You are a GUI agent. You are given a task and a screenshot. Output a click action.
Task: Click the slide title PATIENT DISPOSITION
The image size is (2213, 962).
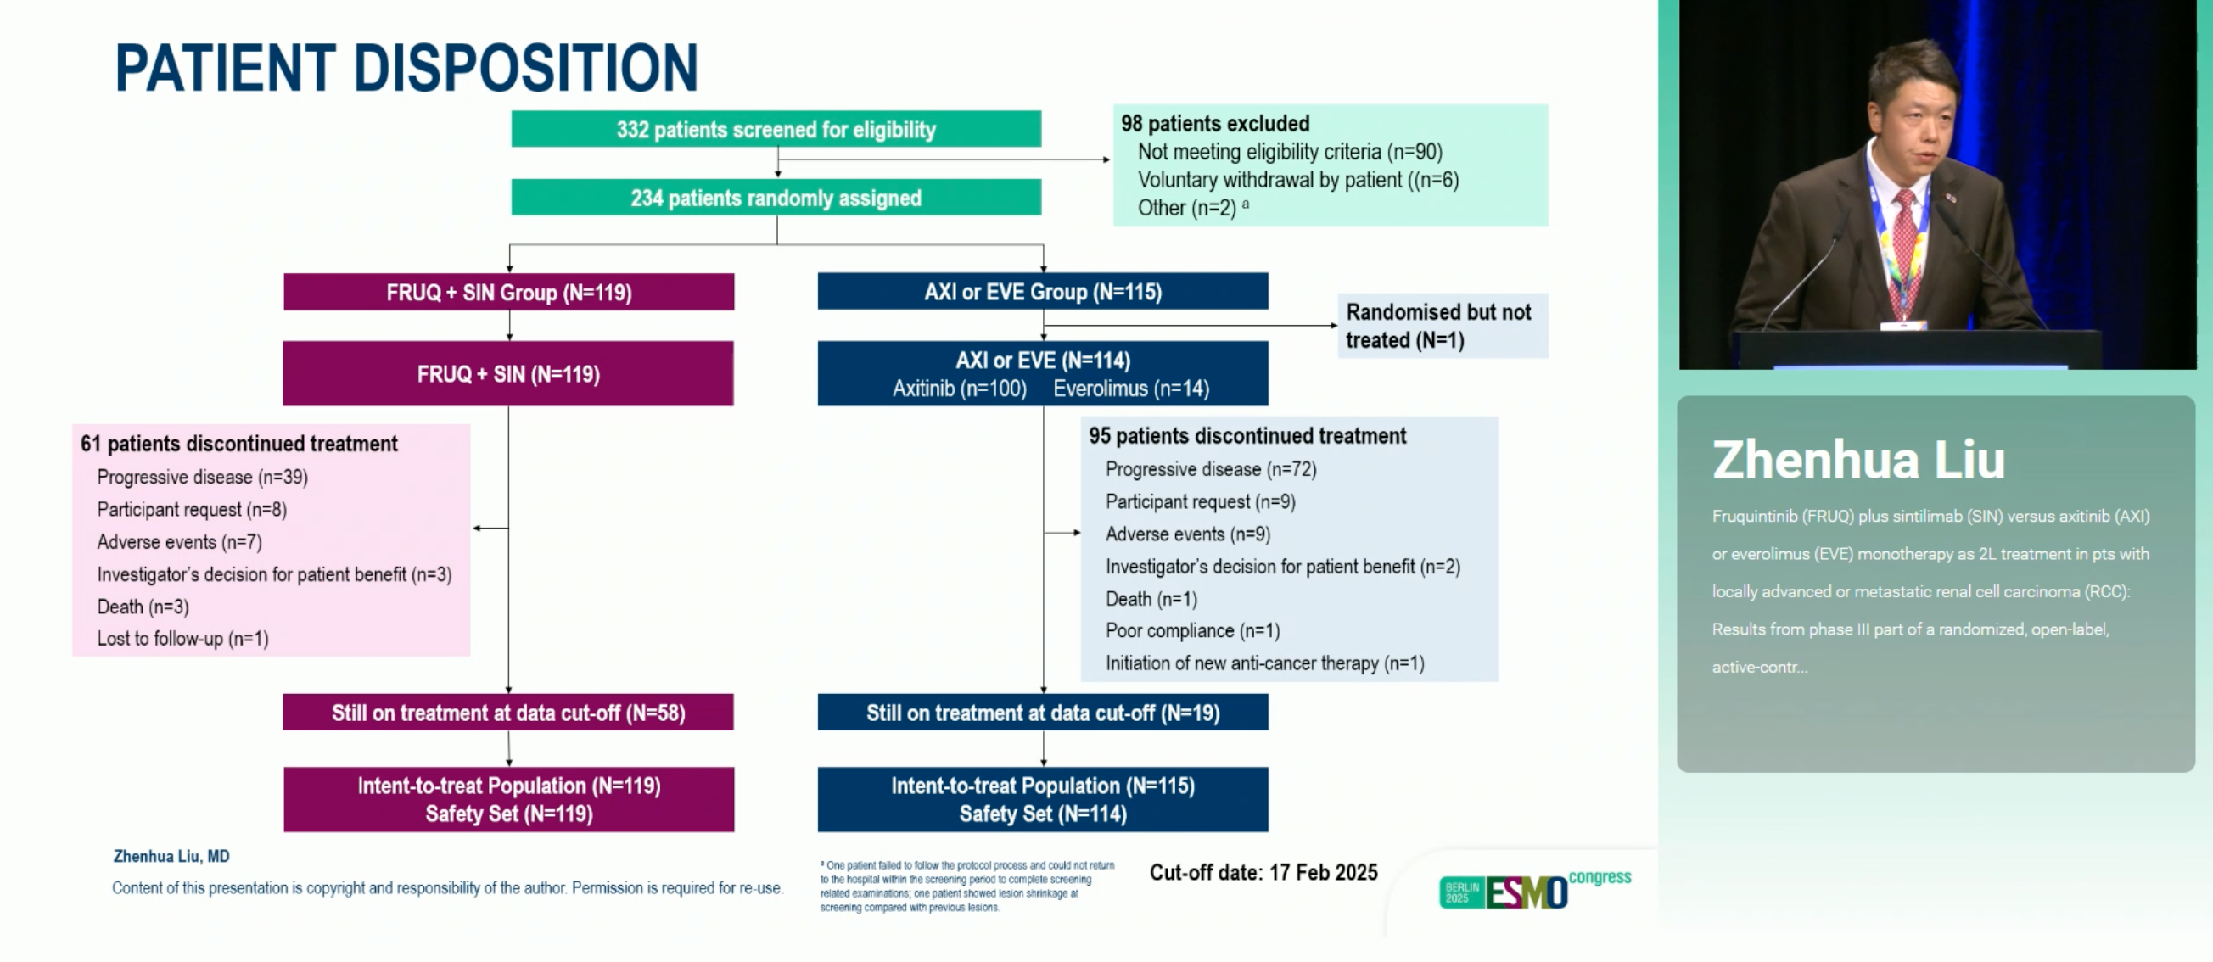point(406,68)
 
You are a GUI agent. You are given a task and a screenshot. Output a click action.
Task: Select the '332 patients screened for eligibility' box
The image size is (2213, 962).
point(776,129)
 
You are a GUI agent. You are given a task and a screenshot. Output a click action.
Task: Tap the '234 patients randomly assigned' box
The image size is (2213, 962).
point(776,198)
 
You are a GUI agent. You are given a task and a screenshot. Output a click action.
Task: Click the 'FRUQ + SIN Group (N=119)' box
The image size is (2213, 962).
point(508,292)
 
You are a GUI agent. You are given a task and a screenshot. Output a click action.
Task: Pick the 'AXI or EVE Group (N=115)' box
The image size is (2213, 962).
point(1043,291)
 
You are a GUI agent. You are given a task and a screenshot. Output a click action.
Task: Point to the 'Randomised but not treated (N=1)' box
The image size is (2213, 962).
point(1443,326)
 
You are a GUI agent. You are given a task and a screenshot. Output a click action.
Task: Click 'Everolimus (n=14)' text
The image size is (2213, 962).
point(1131,389)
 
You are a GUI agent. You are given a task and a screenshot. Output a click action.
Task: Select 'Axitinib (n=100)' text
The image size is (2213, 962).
point(960,389)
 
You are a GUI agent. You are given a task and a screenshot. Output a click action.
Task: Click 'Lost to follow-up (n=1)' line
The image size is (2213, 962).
point(183,638)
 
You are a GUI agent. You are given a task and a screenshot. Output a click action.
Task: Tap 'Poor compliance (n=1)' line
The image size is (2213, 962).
point(1192,630)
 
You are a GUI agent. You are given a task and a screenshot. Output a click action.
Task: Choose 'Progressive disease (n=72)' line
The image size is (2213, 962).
point(1212,469)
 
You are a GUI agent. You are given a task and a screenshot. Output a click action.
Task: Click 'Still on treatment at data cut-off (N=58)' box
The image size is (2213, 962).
point(508,712)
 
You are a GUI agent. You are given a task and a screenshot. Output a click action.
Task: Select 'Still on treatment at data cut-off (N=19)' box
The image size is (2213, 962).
point(1043,712)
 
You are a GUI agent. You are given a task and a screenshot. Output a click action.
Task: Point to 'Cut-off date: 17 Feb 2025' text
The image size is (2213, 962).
point(1263,872)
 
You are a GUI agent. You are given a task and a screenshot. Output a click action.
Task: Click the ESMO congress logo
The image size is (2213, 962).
point(1535,890)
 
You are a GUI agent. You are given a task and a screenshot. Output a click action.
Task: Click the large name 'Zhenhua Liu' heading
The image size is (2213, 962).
point(1858,460)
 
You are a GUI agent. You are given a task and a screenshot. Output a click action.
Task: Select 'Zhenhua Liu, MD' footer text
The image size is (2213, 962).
point(171,856)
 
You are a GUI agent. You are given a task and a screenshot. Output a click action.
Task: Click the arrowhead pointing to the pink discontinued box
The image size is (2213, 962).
point(477,528)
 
